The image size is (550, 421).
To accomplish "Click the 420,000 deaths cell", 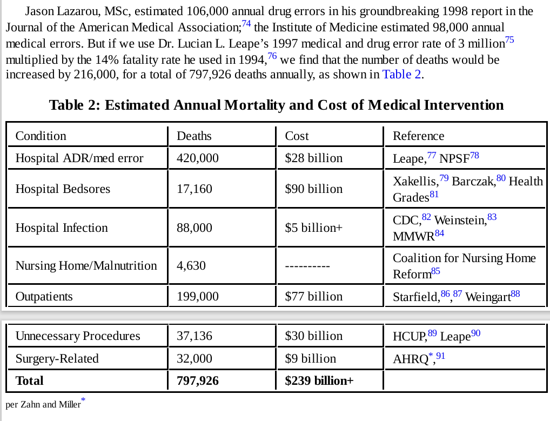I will [198, 158].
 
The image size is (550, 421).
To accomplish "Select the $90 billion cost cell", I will [313, 189].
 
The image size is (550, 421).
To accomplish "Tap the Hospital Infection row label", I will [62, 228].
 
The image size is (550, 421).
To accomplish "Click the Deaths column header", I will [194, 136].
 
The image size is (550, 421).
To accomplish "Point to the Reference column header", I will [418, 136].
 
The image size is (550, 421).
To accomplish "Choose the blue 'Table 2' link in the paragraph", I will [401, 75].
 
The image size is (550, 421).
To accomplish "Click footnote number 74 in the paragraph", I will [246, 23].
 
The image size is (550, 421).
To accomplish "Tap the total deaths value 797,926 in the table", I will [198, 381].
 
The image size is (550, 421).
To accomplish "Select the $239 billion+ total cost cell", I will [319, 381].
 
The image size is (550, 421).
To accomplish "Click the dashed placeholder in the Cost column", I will [307, 266].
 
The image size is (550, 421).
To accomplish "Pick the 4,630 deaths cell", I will [191, 266].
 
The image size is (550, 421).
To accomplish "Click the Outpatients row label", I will [44, 297].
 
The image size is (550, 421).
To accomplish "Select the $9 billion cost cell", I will [310, 359].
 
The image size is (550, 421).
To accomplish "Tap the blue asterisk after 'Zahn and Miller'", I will [83, 400].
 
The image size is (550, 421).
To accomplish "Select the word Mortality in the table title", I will [253, 105].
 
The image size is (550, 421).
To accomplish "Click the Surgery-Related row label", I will [57, 359].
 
